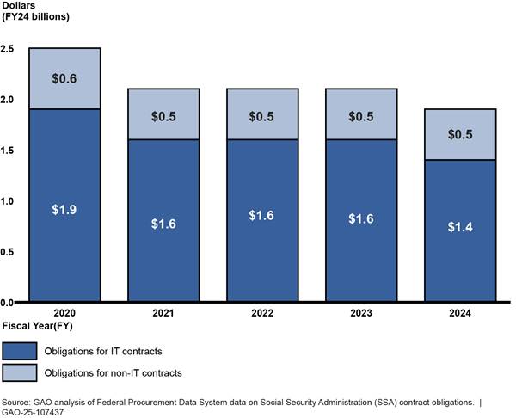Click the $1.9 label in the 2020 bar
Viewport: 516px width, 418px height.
(x=64, y=209)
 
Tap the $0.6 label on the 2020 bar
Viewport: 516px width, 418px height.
(x=64, y=78)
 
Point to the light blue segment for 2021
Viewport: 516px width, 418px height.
(x=163, y=114)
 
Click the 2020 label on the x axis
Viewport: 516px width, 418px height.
(x=64, y=313)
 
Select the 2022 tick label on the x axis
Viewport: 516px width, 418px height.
(x=261, y=313)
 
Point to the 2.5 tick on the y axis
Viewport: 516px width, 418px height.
(x=8, y=48)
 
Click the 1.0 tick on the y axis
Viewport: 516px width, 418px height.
(x=8, y=201)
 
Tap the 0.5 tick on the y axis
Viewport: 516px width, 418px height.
(x=8, y=252)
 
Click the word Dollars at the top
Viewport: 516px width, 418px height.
(x=19, y=6)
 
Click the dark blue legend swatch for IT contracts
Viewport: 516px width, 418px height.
(x=20, y=351)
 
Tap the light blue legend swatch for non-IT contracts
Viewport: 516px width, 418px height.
(x=20, y=373)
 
